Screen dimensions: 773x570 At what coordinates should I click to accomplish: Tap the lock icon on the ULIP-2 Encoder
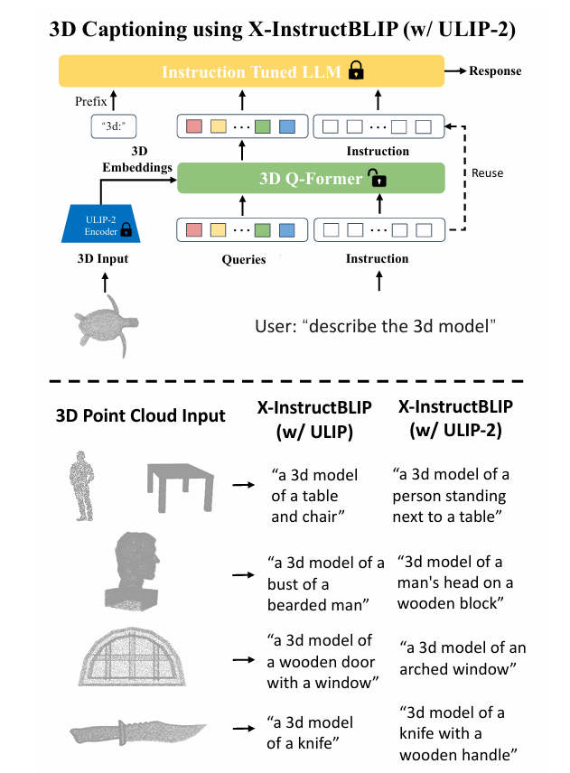point(126,230)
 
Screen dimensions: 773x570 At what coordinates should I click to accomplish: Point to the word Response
point(495,70)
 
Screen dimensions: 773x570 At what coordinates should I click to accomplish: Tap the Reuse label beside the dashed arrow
point(488,172)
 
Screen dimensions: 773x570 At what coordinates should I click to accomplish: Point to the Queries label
point(243,259)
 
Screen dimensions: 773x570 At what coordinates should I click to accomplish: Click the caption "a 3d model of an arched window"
point(463,659)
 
